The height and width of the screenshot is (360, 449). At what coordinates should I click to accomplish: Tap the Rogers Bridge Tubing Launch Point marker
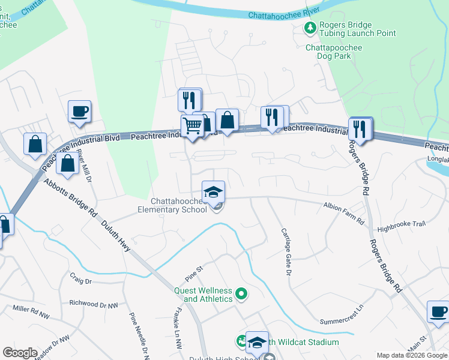pyautogui.click(x=310, y=28)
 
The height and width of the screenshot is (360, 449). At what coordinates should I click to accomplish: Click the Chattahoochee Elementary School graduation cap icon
pyautogui.click(x=213, y=192)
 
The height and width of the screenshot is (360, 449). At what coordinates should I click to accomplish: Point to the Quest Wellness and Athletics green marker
pyautogui.click(x=241, y=294)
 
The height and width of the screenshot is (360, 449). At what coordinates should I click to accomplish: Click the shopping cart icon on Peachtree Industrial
pyautogui.click(x=192, y=127)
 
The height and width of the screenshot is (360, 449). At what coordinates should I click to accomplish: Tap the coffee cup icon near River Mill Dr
pyautogui.click(x=79, y=111)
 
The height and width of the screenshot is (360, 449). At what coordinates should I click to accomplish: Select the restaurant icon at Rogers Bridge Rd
pyautogui.click(x=360, y=128)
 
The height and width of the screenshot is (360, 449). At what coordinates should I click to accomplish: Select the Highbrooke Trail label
pyautogui.click(x=401, y=224)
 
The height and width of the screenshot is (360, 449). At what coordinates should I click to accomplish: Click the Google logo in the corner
pyautogui.click(x=20, y=352)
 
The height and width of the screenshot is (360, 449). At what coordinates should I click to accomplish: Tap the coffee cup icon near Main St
pyautogui.click(x=438, y=312)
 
